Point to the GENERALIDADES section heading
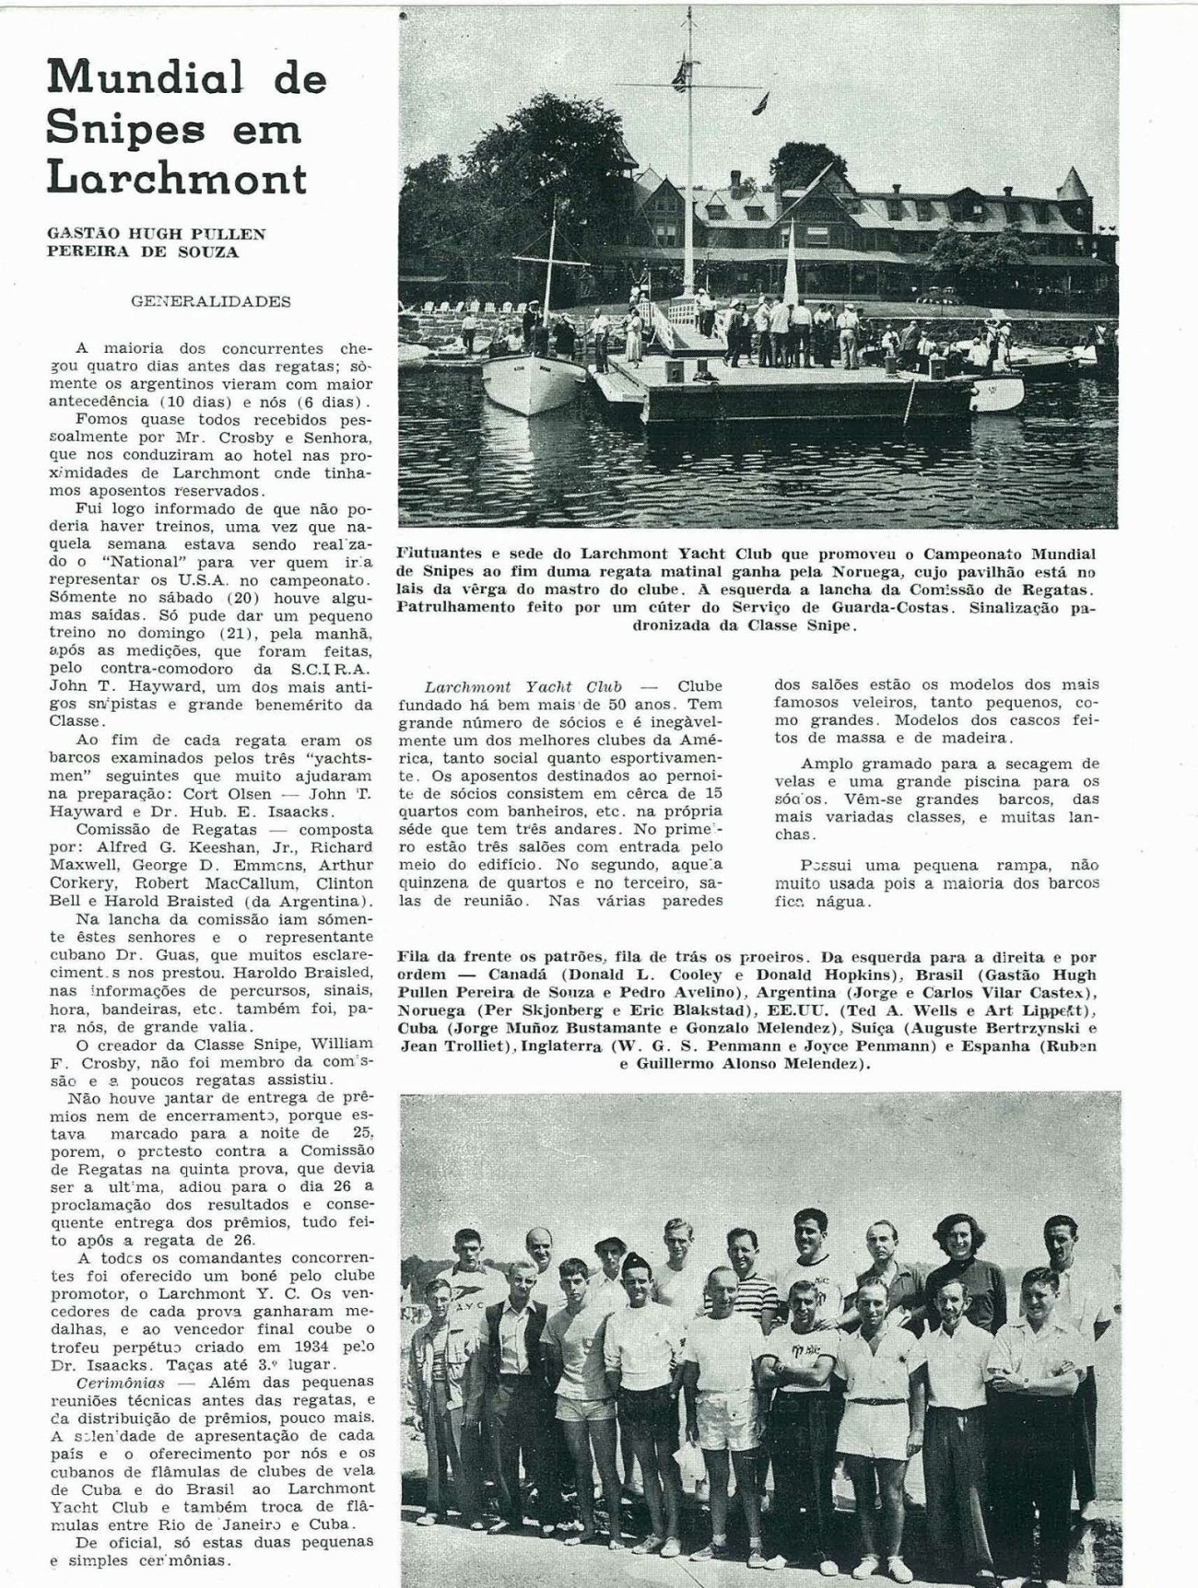[x=211, y=301]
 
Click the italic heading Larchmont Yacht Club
[x=523, y=686]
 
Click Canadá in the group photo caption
[x=522, y=975]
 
